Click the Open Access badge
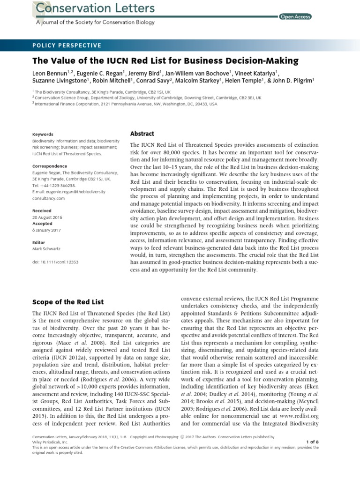(x=295, y=17)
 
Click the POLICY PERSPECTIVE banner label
(x=67, y=45)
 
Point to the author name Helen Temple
(x=241, y=81)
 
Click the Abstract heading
(x=142, y=134)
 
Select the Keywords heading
(x=43, y=134)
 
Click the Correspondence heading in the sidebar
(x=50, y=166)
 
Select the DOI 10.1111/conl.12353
(x=55, y=262)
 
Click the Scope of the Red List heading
(x=68, y=302)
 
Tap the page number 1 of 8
(x=312, y=442)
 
